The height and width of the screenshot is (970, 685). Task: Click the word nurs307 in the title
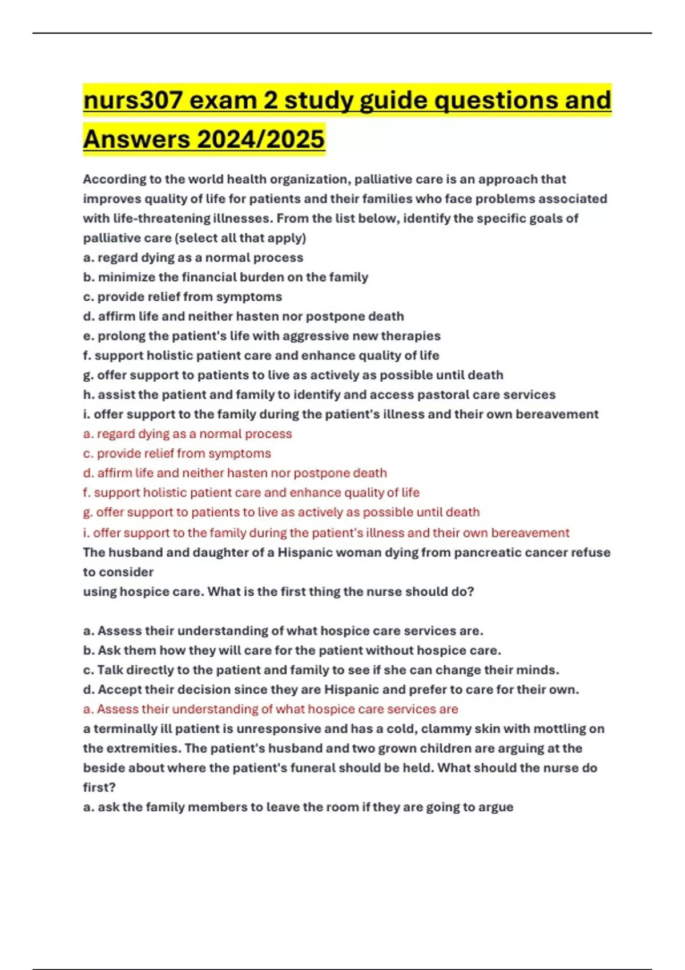133,100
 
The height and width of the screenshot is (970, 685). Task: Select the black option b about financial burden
225,277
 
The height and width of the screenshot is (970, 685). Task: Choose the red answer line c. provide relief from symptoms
177,454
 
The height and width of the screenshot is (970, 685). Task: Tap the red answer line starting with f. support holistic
251,492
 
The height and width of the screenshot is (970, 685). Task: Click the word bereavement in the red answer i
530,533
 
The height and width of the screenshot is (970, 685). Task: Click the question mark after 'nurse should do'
471,592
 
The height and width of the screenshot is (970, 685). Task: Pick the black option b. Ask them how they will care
292,650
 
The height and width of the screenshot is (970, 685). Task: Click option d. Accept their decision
331,690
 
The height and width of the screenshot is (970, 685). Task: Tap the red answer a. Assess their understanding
271,709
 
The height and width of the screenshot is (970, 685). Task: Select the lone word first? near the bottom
99,787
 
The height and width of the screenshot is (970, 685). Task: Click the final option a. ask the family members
298,807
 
